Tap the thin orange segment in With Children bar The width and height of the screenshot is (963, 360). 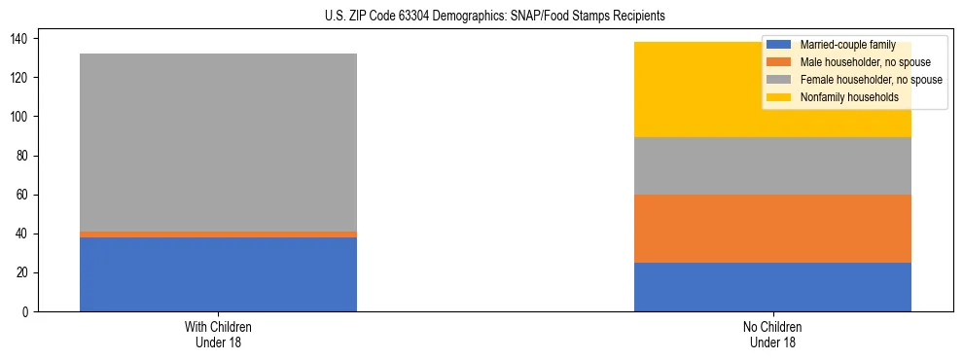218,234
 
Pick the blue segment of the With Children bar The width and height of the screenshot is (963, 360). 218,274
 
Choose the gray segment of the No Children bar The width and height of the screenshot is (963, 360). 772,166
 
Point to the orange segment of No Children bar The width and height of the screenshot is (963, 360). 772,229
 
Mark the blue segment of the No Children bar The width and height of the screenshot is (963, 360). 772,287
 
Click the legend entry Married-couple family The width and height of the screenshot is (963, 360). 844,45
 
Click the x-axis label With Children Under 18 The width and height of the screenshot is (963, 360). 218,334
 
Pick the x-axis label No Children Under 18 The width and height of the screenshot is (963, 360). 772,334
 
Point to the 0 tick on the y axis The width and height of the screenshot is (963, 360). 28,311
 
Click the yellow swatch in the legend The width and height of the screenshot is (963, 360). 779,97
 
